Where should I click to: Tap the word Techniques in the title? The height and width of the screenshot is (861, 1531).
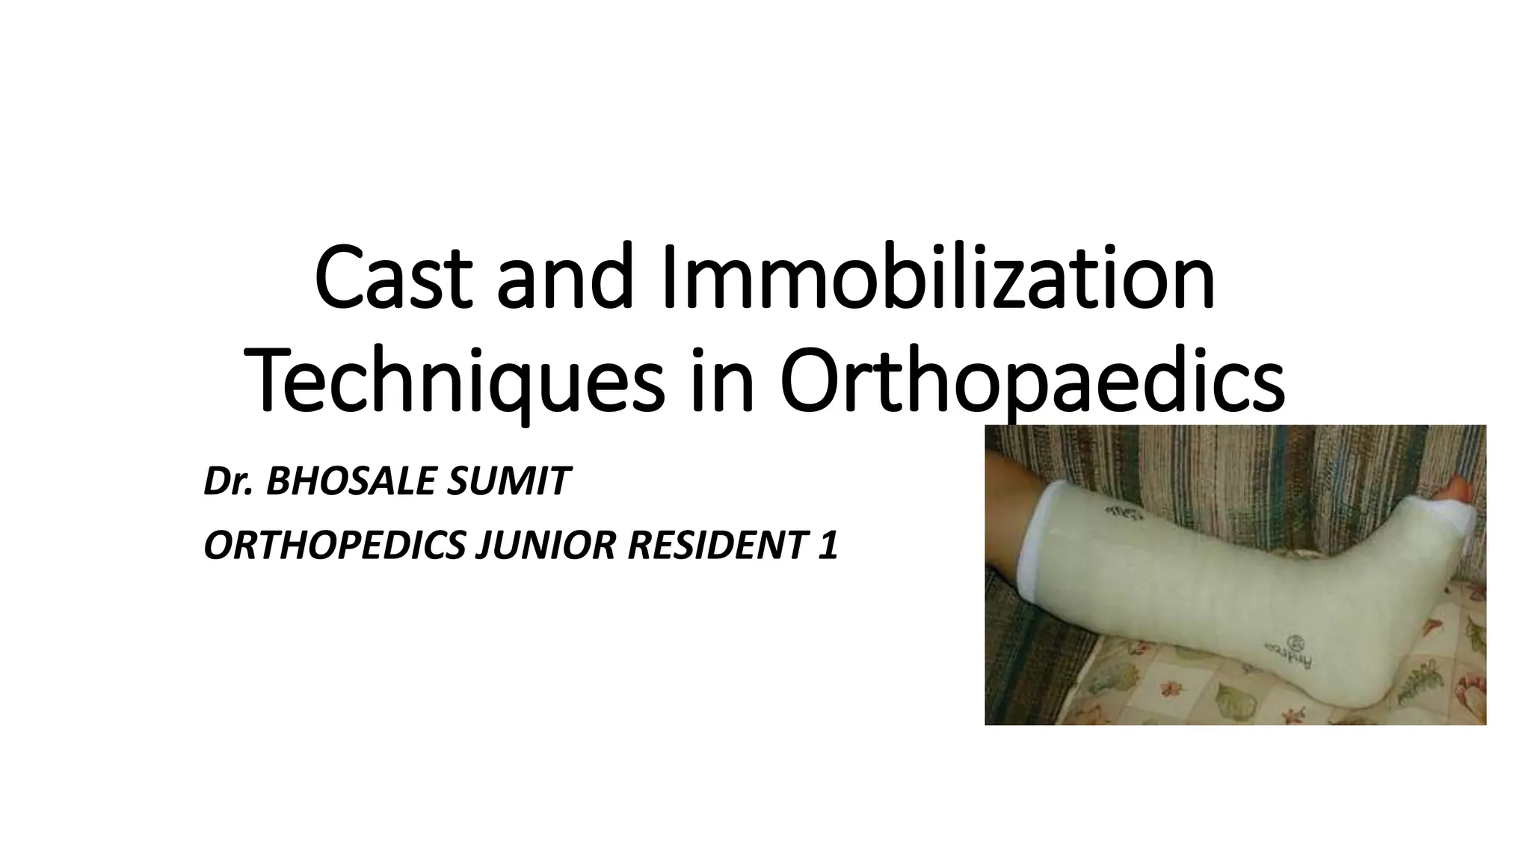click(457, 383)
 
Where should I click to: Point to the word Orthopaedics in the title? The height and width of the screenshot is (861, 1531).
click(1032, 383)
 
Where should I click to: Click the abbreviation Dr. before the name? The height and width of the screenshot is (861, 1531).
click(230, 481)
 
